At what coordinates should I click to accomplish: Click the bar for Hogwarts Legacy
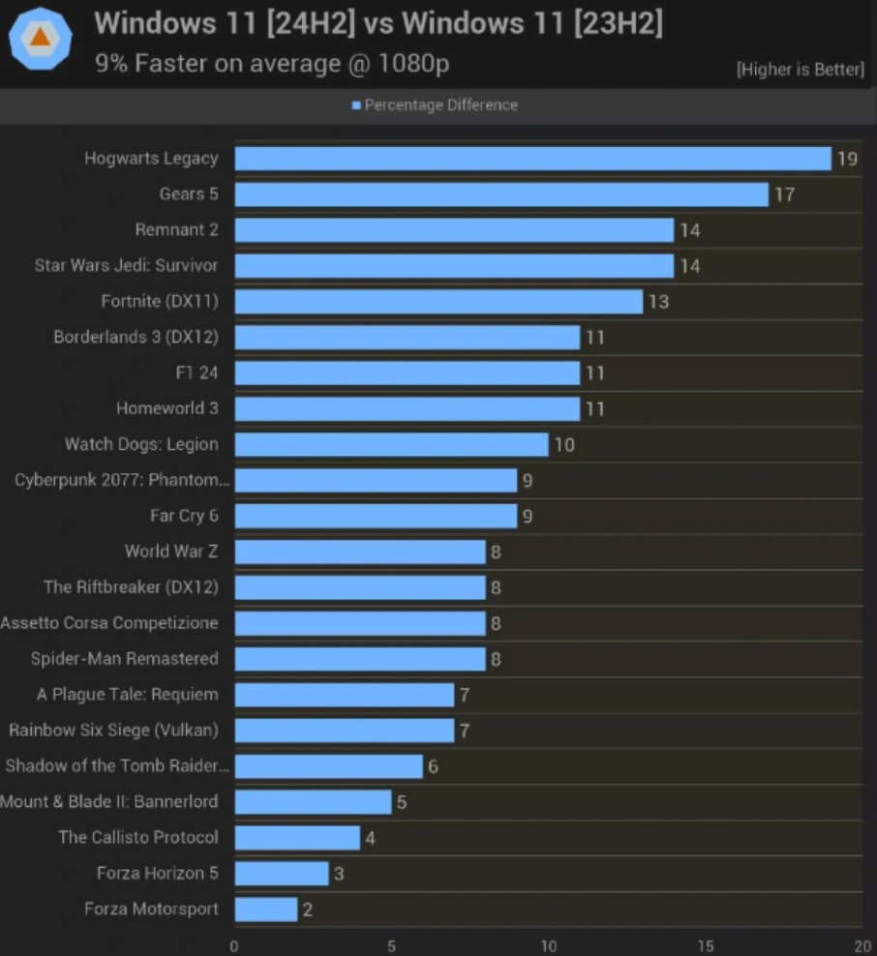tap(532, 159)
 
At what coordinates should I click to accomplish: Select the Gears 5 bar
tap(501, 194)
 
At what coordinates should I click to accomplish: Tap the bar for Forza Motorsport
tap(265, 910)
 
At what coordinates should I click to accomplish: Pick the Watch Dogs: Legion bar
tap(391, 445)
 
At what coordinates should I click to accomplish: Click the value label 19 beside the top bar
tap(847, 159)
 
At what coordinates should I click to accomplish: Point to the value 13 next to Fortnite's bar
tap(658, 302)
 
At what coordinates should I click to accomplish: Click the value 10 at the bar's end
tap(563, 445)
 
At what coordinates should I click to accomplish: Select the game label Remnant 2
tap(176, 230)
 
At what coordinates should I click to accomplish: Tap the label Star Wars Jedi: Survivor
tap(126, 266)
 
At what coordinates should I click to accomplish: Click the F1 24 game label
tap(197, 373)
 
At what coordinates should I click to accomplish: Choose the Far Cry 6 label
tap(184, 516)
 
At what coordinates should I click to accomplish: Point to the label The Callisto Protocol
tap(137, 838)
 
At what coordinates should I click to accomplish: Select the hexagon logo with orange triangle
tap(40, 38)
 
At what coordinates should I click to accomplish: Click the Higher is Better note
tap(800, 70)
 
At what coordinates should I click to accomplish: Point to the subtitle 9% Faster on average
tap(272, 64)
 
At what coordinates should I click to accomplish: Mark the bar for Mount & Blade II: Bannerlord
tap(313, 802)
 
